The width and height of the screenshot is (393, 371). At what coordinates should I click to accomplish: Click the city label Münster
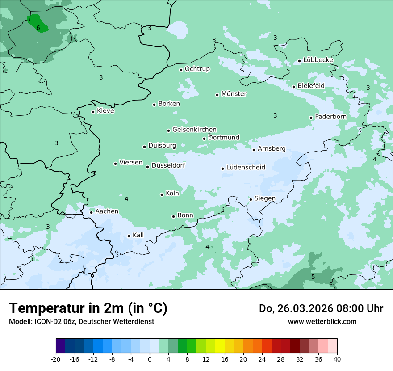pos(234,94)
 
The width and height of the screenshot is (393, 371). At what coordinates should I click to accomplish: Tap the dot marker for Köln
pos(162,194)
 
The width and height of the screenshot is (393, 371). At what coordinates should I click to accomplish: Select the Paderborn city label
pos(330,117)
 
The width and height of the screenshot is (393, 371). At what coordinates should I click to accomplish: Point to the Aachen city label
pos(107,211)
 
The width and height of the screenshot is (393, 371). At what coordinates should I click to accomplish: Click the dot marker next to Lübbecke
pos(299,61)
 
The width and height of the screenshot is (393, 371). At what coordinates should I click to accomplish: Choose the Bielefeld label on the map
pos(311,86)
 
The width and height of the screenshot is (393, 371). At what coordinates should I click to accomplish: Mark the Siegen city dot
pos(251,199)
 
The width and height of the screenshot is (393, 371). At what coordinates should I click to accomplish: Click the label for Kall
pos(138,235)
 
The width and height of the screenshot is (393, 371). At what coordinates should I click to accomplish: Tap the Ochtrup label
pos(197,69)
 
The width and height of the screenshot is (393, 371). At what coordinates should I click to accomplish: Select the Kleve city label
pos(105,111)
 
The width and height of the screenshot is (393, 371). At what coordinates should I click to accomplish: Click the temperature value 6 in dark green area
pos(38,28)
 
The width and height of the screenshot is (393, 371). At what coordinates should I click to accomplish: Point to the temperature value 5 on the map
pos(313,277)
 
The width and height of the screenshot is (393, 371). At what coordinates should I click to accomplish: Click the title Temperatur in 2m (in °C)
pos(88,308)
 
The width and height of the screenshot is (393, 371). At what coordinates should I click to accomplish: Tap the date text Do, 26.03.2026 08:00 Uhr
pos(321,308)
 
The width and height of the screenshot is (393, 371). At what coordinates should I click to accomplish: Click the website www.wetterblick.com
pos(322,321)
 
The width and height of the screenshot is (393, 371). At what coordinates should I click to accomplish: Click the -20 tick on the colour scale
pos(56,359)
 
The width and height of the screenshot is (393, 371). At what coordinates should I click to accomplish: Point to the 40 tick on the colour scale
pos(337,359)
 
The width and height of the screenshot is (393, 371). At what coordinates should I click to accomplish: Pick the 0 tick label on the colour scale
pos(150,359)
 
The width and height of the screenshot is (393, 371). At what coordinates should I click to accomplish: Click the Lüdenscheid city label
pos(246,168)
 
